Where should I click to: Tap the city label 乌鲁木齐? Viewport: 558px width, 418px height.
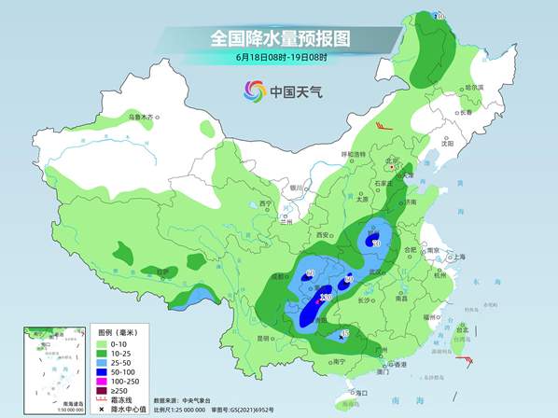pos(141,117)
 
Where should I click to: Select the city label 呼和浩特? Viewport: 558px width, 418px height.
pos(354,153)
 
